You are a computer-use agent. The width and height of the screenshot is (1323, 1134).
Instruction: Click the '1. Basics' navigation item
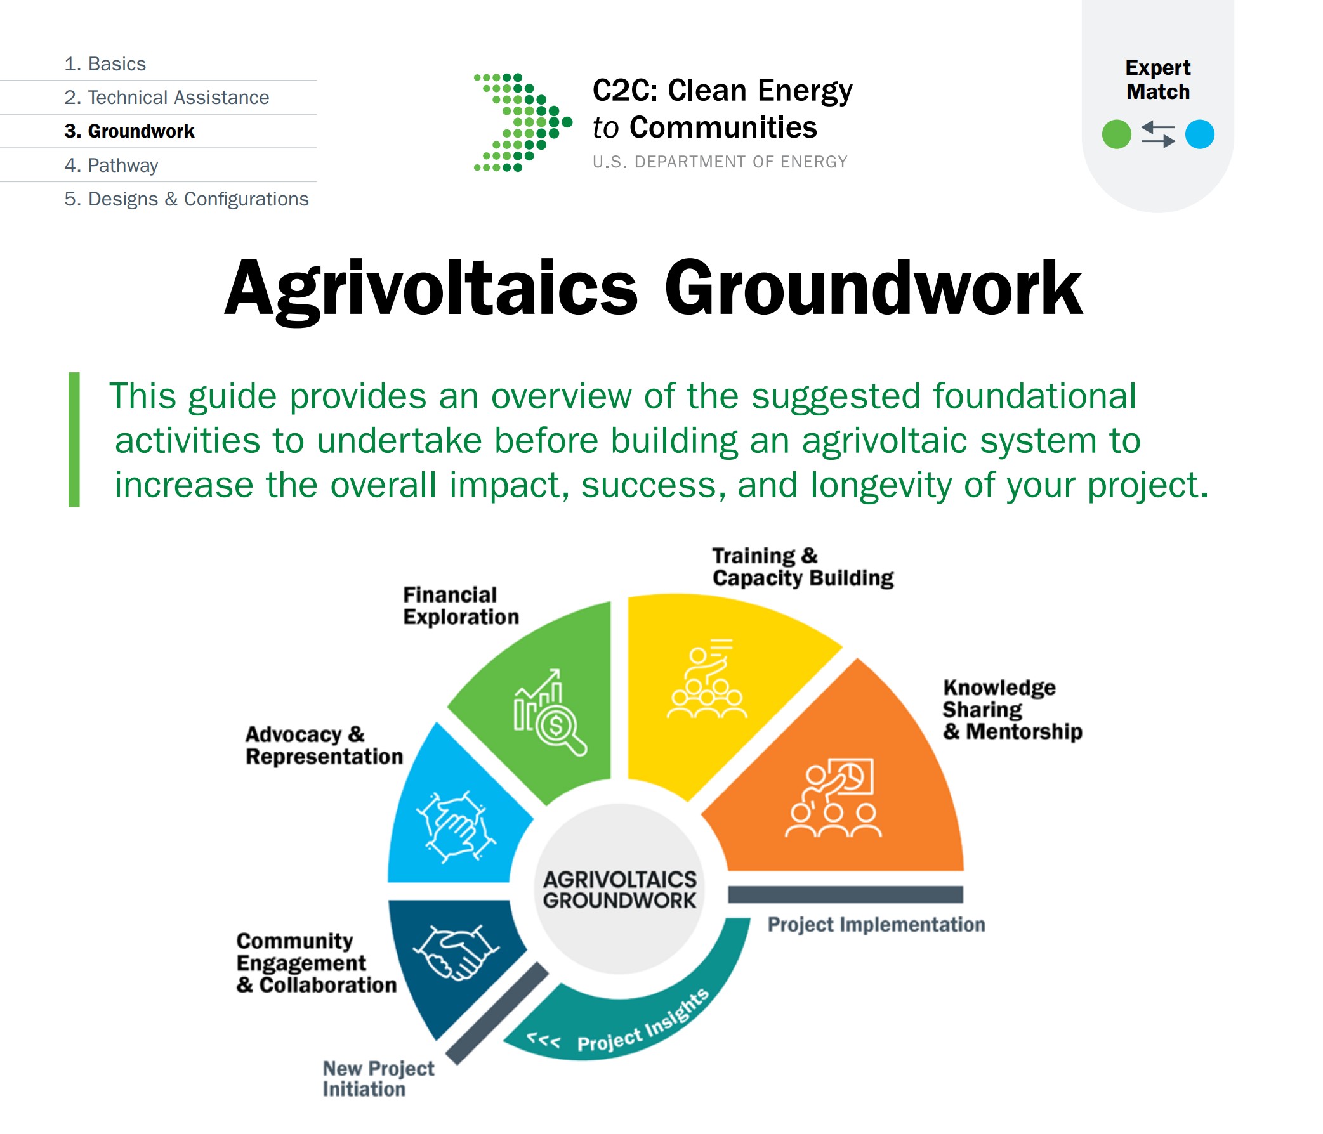point(105,64)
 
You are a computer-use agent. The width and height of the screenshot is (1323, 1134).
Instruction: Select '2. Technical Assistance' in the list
point(167,98)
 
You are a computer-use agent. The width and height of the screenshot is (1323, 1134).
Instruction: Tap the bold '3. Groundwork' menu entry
point(129,131)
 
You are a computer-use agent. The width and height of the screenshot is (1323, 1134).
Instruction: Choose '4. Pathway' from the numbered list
point(111,166)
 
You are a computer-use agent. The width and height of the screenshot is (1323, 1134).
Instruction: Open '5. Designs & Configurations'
point(187,199)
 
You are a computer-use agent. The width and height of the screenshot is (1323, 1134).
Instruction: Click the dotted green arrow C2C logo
point(522,122)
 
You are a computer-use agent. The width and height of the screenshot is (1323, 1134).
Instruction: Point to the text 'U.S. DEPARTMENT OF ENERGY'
point(720,162)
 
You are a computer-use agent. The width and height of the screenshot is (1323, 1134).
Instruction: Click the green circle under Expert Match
point(1116,134)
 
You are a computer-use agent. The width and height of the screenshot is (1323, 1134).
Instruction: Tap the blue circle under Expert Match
point(1199,134)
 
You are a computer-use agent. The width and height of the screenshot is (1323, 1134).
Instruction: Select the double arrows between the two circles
point(1157,134)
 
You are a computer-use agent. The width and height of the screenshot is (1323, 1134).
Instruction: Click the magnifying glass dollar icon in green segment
point(550,712)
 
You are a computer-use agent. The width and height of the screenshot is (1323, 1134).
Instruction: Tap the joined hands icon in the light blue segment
point(456,827)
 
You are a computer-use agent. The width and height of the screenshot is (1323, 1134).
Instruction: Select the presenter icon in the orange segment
point(833,797)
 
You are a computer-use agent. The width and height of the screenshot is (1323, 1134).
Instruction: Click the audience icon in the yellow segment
point(706,678)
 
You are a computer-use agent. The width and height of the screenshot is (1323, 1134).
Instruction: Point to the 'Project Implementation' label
point(876,925)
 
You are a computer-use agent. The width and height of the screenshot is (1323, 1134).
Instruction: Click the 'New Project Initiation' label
point(378,1078)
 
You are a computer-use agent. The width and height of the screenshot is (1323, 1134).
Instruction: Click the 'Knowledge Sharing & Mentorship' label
point(1012,710)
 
